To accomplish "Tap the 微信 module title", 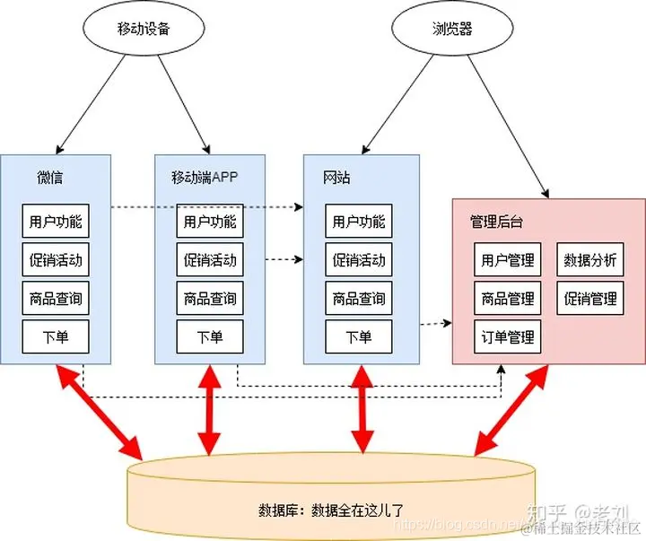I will tap(50, 177).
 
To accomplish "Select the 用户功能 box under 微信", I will tap(56, 222).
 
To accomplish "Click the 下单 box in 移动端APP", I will tap(210, 336).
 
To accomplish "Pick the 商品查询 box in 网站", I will tap(359, 299).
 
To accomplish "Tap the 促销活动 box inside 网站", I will tap(359, 260).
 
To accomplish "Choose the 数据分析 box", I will tap(590, 260).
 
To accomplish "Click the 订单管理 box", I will tap(508, 336).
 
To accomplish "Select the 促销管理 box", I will tap(590, 299).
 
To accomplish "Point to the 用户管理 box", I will tap(508, 260).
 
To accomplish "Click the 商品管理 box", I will tap(508, 299).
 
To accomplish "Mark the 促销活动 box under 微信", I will tap(56, 260).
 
